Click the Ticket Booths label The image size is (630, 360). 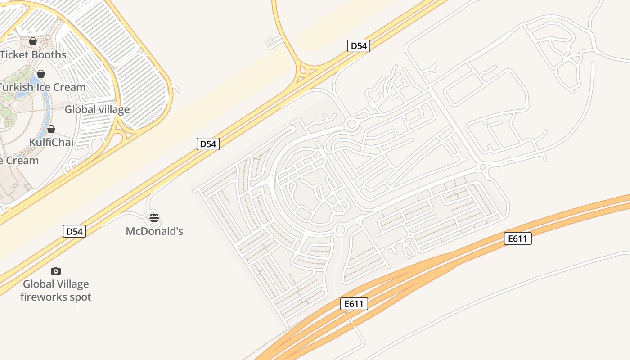click(x=33, y=55)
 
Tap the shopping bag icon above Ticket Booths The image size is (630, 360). click(x=33, y=41)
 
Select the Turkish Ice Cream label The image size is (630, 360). click(x=43, y=87)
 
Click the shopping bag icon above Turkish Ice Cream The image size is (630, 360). click(x=41, y=74)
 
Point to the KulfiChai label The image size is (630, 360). click(x=51, y=142)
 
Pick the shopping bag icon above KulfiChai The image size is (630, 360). click(x=51, y=130)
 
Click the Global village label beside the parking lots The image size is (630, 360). click(x=97, y=109)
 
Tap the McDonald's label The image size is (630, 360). click(x=154, y=231)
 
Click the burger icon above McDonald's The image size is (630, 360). click(x=154, y=218)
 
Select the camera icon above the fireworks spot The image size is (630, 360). click(x=56, y=271)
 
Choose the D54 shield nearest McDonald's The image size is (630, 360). click(x=74, y=232)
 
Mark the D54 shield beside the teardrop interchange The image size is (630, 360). click(x=359, y=46)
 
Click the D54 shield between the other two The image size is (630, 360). click(x=208, y=144)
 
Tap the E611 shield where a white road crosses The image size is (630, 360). click(x=354, y=304)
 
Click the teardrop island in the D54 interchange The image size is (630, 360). click(x=303, y=71)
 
